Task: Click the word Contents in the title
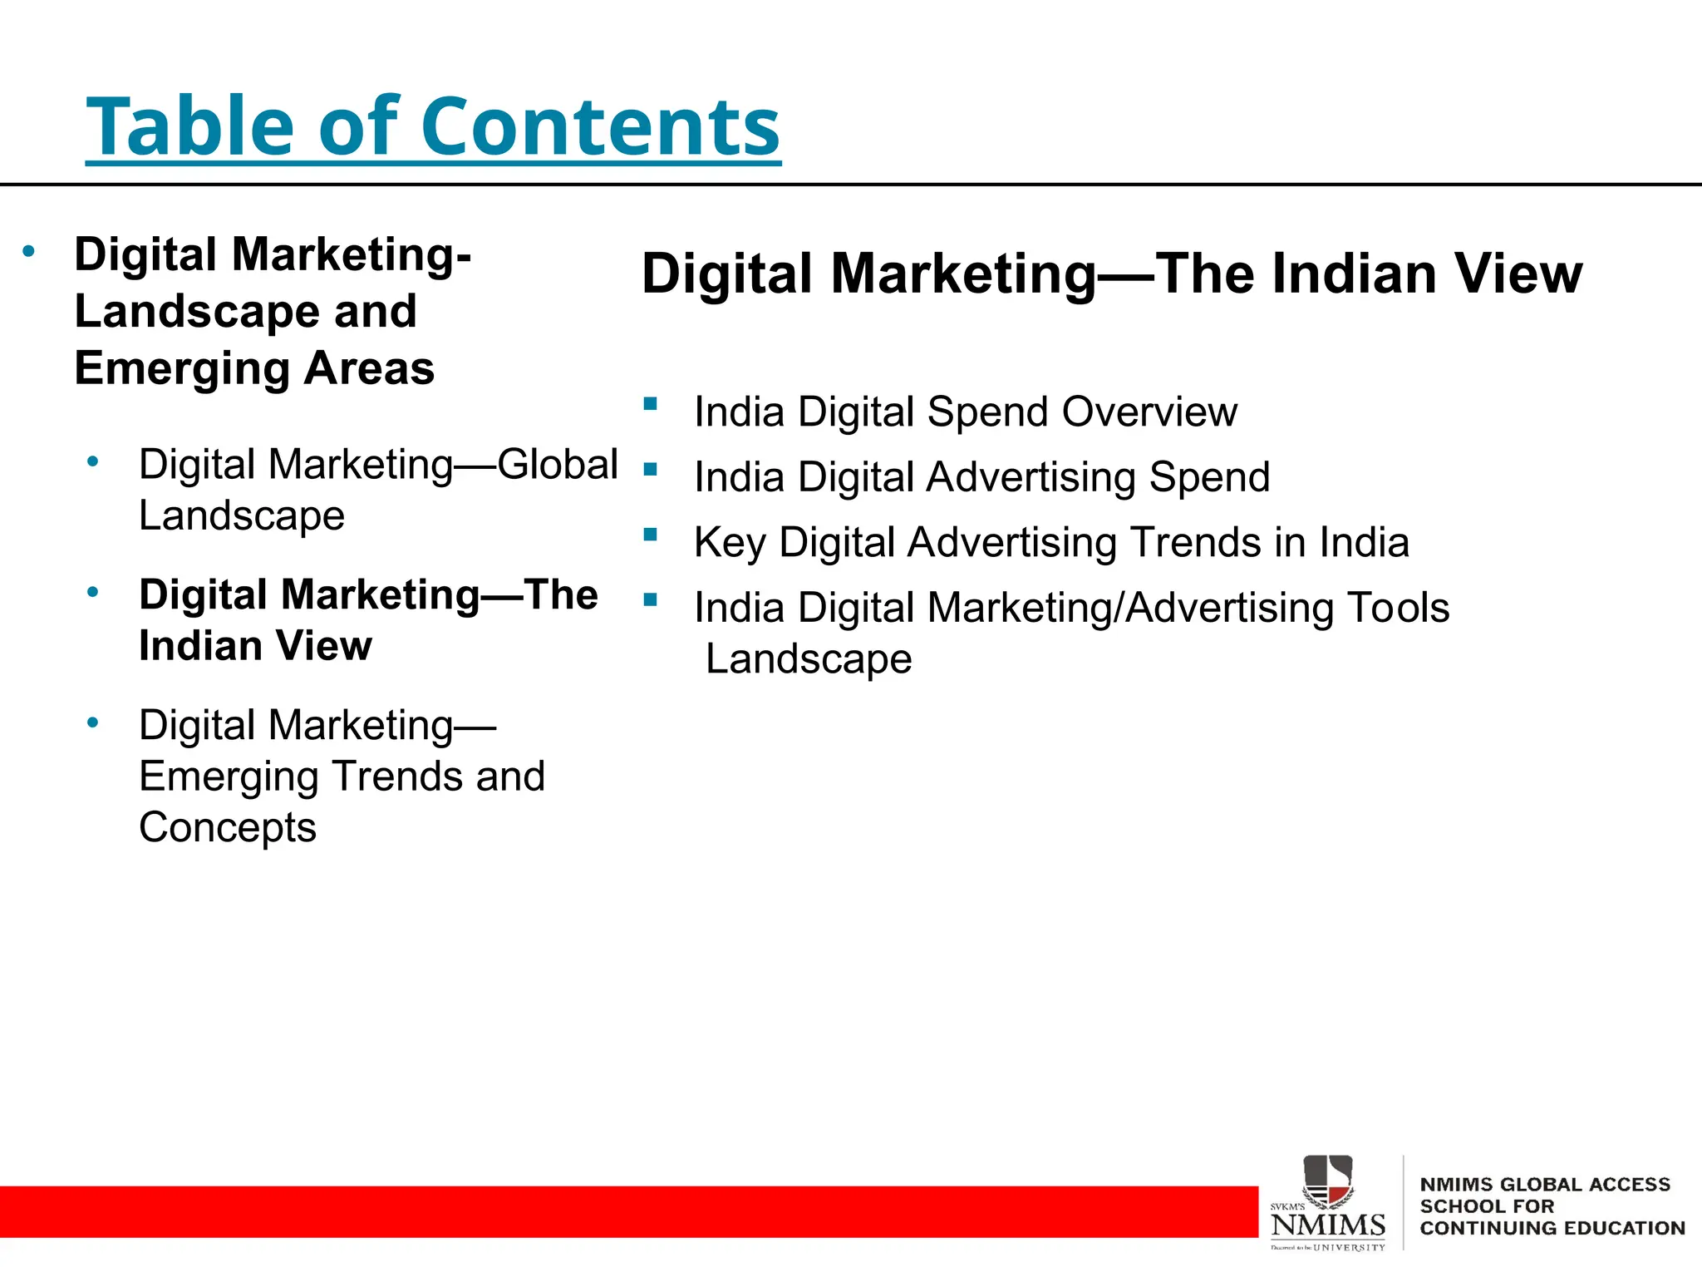point(600,126)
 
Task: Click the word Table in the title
point(190,126)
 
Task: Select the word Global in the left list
point(558,464)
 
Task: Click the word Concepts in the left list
point(228,827)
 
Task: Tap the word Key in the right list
point(729,543)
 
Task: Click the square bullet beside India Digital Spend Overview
point(650,405)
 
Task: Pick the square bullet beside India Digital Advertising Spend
point(650,470)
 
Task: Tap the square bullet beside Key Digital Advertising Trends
point(650,535)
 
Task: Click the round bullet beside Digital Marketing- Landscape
point(29,250)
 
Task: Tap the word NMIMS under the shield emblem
point(1327,1225)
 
